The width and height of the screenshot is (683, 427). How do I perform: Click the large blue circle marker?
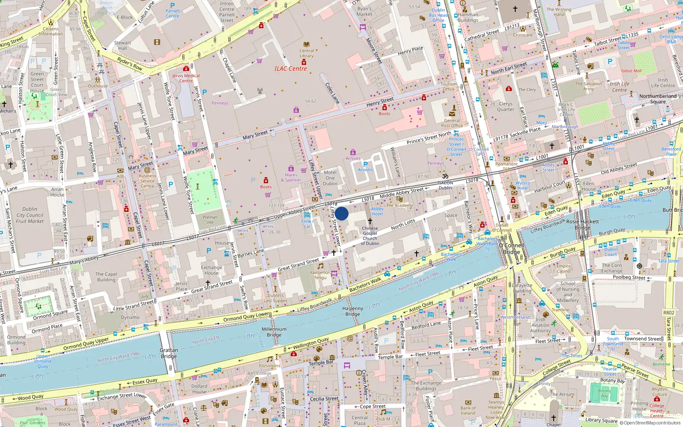click(341, 213)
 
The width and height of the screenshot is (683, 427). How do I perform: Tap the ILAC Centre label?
click(290, 68)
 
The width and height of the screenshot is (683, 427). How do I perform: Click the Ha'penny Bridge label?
click(353, 311)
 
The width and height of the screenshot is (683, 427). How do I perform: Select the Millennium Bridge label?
click(274, 332)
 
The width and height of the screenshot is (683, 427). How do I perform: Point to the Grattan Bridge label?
click(169, 353)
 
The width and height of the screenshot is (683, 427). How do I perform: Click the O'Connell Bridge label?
click(511, 249)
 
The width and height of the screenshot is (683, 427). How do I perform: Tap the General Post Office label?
click(452, 123)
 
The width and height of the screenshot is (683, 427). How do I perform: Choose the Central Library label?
click(306, 53)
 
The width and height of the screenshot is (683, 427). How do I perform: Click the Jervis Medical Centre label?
click(186, 78)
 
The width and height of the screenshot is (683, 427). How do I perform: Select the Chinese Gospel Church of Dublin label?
click(370, 236)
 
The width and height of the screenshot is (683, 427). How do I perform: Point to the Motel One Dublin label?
click(330, 178)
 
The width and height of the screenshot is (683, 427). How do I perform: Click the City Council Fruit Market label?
click(30, 215)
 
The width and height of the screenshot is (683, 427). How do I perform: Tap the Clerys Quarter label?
click(505, 106)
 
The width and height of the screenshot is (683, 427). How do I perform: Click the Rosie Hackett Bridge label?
click(582, 225)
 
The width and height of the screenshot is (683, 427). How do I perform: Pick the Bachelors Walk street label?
click(365, 285)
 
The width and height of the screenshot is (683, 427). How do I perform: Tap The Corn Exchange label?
click(612, 268)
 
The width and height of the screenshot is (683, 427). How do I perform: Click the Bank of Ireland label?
click(468, 410)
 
